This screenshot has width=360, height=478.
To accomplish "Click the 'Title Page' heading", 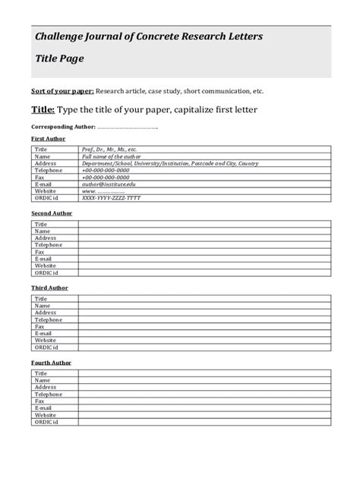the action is (x=59, y=58).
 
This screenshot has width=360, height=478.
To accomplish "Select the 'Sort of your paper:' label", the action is (x=62, y=90).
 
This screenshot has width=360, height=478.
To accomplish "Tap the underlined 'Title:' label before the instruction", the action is (x=43, y=110).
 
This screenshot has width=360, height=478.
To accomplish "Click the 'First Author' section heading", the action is (x=48, y=139).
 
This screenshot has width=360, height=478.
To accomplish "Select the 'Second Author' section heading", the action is (x=51, y=213).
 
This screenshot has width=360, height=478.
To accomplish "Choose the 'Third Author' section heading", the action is (x=49, y=288).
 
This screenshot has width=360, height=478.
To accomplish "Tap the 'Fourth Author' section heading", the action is (x=51, y=363).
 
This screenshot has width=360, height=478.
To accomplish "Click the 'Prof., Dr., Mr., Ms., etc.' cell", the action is (x=109, y=149).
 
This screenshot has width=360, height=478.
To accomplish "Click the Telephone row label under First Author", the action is (x=49, y=170).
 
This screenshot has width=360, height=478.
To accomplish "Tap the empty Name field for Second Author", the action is (x=204, y=231).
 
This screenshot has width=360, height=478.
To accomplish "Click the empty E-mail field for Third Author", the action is (x=204, y=333).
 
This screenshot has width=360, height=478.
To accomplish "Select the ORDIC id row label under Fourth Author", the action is (x=46, y=422).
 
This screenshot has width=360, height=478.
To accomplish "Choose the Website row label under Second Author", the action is (x=46, y=266).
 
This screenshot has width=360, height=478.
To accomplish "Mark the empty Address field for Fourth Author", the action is (x=204, y=388).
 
